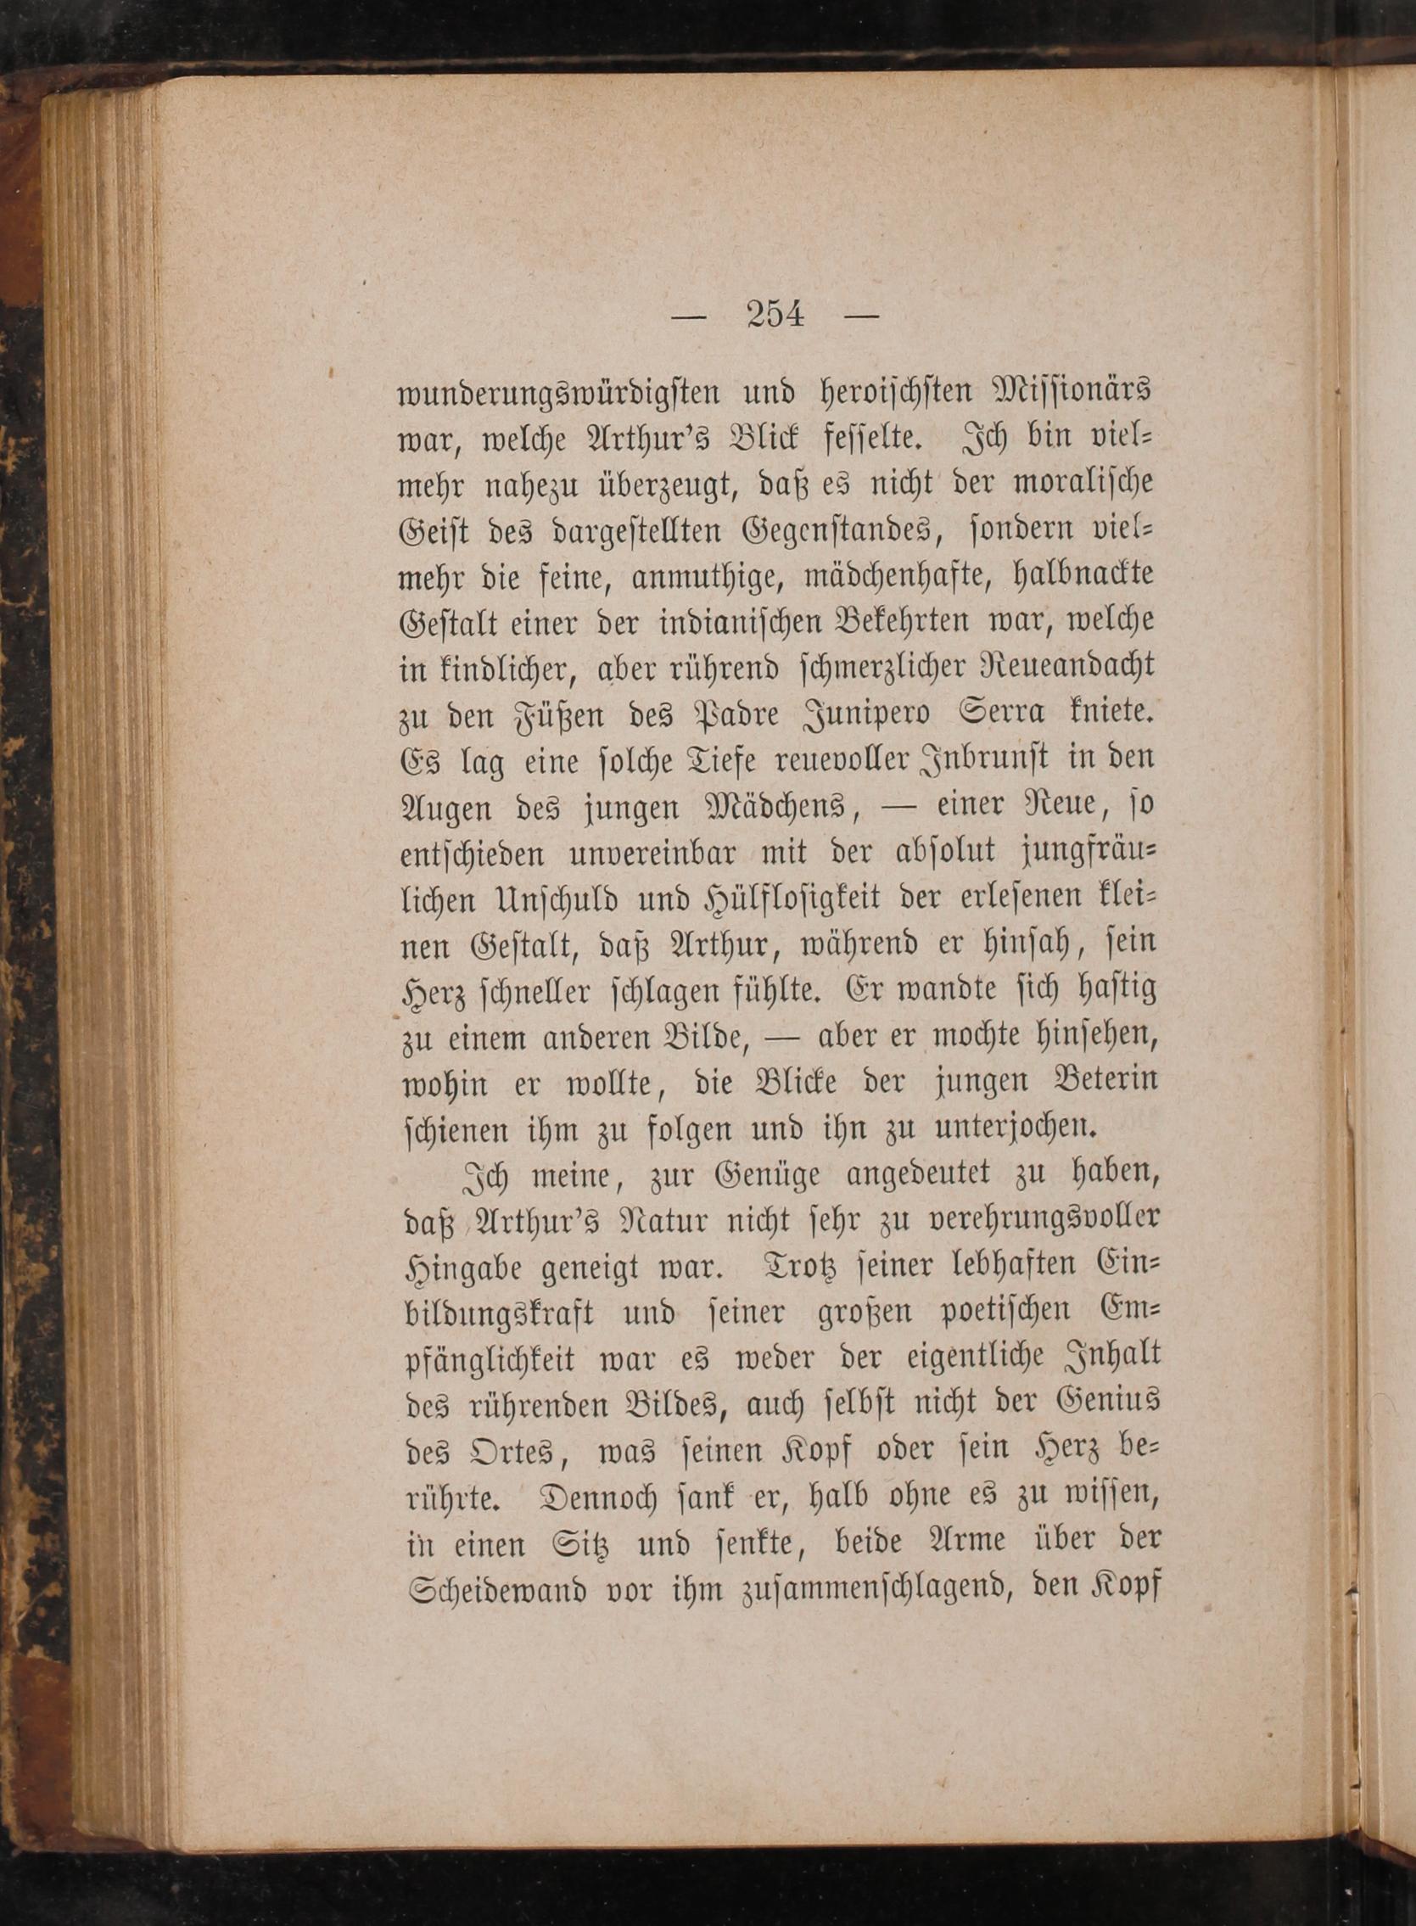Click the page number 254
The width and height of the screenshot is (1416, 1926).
775,315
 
